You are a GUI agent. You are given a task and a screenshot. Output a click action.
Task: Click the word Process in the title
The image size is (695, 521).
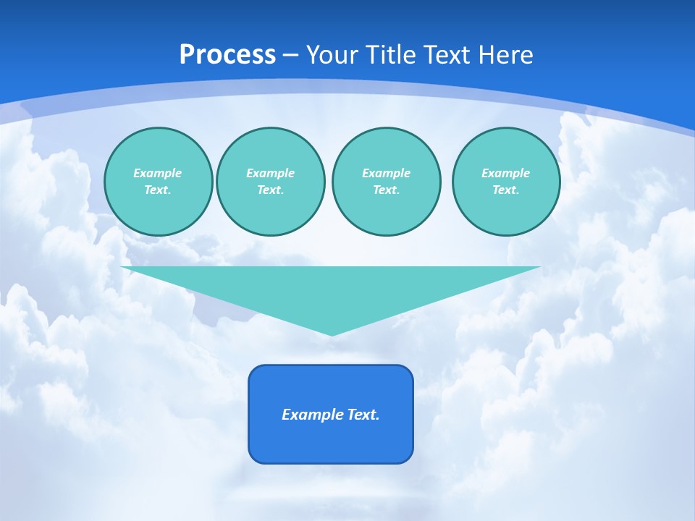[x=227, y=55]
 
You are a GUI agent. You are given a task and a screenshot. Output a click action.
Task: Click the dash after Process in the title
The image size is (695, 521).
[x=291, y=56]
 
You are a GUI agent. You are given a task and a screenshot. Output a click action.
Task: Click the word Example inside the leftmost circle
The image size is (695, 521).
[x=158, y=173]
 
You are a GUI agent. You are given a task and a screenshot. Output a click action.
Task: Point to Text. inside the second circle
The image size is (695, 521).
[x=271, y=190]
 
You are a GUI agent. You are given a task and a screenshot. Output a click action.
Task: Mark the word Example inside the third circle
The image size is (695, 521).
[x=387, y=173]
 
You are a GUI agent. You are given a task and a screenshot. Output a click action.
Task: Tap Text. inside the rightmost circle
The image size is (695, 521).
[x=506, y=190]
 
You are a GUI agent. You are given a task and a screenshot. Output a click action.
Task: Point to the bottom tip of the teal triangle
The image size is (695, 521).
[x=331, y=334]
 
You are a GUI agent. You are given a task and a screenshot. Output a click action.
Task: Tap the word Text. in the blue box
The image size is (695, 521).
[x=364, y=415]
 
